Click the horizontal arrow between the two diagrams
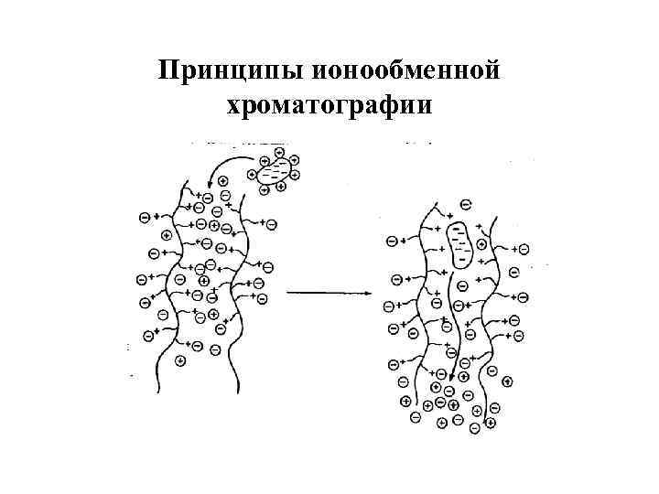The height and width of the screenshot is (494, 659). point(329,293)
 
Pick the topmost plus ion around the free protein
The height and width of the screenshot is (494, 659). point(278,152)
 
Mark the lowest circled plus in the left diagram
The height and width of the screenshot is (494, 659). point(180,360)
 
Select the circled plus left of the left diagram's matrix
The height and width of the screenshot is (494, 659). point(167,234)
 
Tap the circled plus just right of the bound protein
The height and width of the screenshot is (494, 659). point(482,244)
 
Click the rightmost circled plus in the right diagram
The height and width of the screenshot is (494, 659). point(509,381)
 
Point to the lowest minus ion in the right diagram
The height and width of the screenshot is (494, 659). point(474,428)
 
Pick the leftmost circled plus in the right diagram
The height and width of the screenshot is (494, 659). point(405,401)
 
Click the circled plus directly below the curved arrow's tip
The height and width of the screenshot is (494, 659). point(222,181)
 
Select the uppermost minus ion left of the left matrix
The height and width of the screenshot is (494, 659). point(145,217)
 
